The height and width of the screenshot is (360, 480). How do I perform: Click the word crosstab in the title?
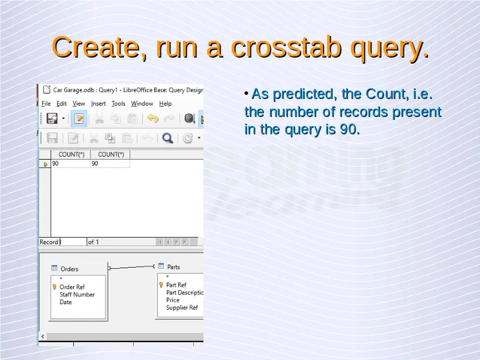point(286,47)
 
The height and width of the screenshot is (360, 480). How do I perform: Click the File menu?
point(46,103)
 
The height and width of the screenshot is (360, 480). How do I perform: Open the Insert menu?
point(98,103)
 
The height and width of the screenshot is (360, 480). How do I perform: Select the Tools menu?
point(118,103)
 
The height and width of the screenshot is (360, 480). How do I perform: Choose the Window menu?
point(142,103)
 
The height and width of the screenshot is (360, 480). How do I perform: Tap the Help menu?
point(166,103)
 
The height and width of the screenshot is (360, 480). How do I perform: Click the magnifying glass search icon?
point(167,138)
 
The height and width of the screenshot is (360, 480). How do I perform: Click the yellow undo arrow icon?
point(152,118)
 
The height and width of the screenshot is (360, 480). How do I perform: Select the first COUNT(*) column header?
point(71,154)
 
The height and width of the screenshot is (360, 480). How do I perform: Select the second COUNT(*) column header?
point(110,154)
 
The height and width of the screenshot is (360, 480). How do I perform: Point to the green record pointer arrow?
point(46,164)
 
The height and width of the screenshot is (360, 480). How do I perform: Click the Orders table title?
point(69,269)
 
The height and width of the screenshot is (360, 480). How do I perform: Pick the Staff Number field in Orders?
point(77,295)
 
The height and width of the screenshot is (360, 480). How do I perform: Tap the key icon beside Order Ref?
point(55,287)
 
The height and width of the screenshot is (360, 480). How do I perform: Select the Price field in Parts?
point(173,300)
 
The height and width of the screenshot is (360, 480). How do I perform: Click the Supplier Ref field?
point(182,307)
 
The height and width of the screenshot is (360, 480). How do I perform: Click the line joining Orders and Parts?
point(131,267)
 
